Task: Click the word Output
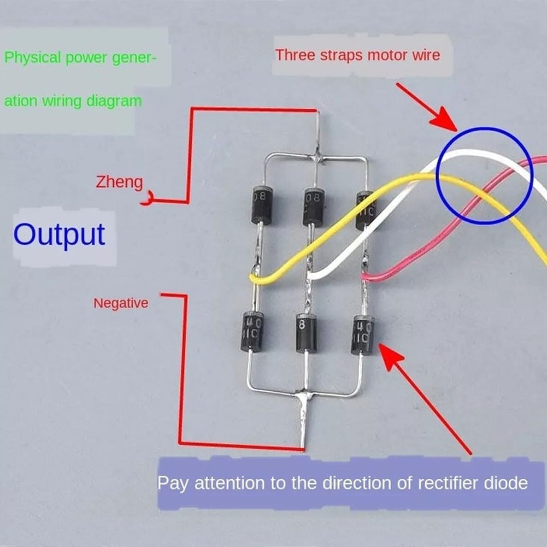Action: click(59, 234)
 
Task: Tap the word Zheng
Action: click(119, 181)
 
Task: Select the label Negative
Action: click(121, 302)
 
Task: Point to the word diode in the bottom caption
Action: click(505, 483)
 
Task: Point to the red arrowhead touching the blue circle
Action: click(448, 121)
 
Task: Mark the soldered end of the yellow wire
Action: click(255, 278)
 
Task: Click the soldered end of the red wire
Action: click(364, 277)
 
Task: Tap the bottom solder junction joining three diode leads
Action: click(302, 395)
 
